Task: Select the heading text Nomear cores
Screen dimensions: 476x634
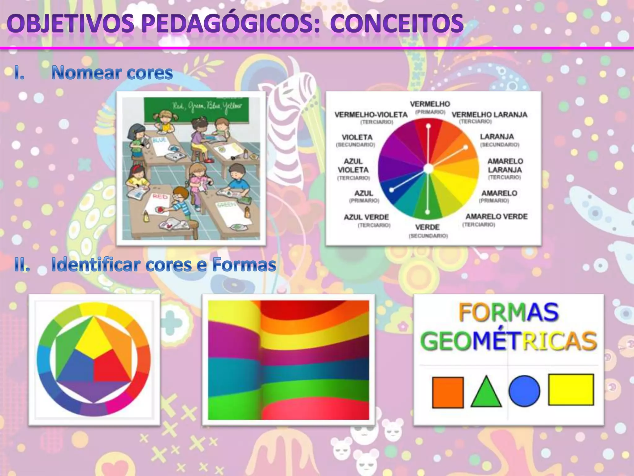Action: point(112,73)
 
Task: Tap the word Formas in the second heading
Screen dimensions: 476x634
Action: point(244,265)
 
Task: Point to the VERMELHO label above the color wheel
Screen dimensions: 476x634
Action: point(430,104)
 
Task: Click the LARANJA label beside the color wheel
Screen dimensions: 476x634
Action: point(497,137)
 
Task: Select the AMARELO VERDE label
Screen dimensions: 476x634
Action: point(497,217)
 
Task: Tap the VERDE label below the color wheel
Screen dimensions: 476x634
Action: point(427,227)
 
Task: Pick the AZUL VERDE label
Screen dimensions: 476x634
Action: point(366,217)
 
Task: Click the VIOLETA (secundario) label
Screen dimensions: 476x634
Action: point(357,137)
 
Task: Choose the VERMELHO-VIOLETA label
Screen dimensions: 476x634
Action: point(371,115)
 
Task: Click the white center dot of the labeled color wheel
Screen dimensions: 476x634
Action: point(428,169)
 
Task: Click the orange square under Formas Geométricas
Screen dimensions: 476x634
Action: point(448,392)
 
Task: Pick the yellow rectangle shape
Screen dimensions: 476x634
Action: point(571,390)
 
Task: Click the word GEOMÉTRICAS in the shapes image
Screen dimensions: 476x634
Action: point(508,342)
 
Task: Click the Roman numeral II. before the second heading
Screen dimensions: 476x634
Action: point(22,266)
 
